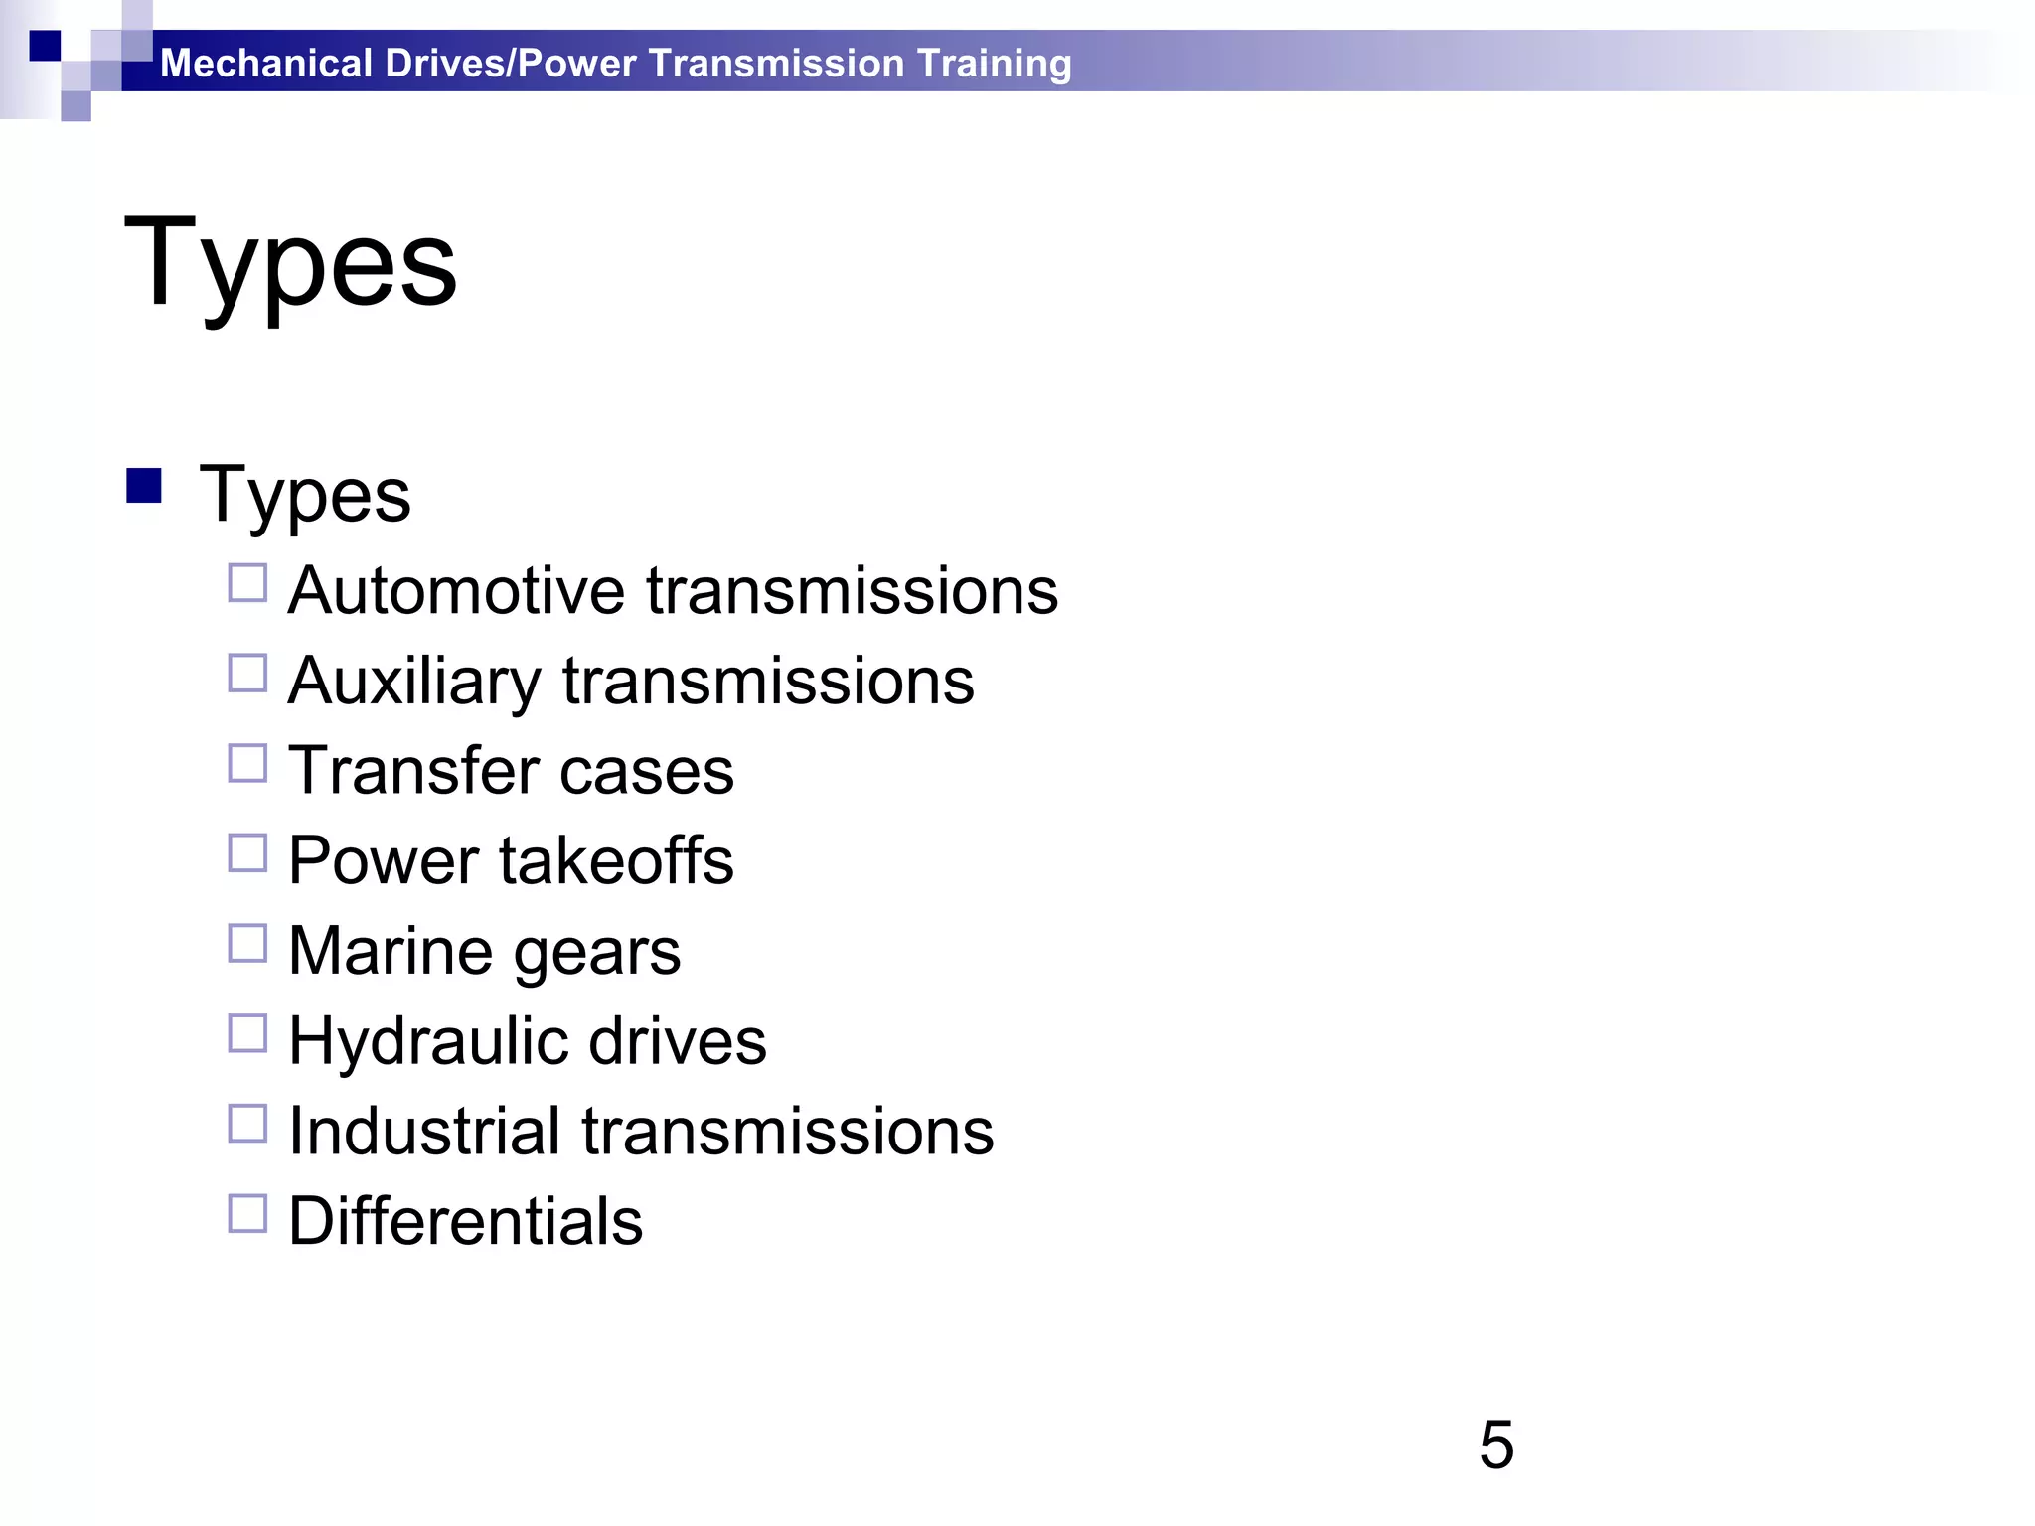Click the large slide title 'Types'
[x=290, y=263]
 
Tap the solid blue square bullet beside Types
[x=144, y=486]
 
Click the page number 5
[x=1496, y=1445]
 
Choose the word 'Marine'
[x=391, y=951]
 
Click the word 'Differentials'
[x=466, y=1221]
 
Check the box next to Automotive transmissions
[x=247, y=584]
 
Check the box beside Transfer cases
[x=247, y=764]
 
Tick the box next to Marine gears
[x=247, y=944]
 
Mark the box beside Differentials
[x=247, y=1214]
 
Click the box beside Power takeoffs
[x=247, y=853]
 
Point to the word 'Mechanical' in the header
[x=266, y=64]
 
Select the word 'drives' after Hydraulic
[x=678, y=1041]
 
